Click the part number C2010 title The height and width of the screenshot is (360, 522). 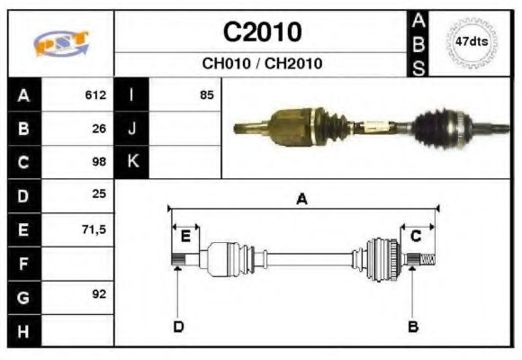[x=262, y=32]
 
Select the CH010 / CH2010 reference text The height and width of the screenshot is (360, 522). [x=262, y=64]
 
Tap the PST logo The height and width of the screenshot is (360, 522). [x=60, y=42]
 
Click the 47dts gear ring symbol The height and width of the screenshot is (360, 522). [x=472, y=42]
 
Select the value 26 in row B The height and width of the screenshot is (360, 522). [x=99, y=128]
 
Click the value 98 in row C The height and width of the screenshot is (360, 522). [x=99, y=162]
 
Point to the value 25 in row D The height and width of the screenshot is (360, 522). [x=99, y=195]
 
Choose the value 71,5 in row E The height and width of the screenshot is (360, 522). [x=94, y=229]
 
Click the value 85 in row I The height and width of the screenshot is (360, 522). [x=207, y=94]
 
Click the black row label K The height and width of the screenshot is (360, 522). [x=131, y=162]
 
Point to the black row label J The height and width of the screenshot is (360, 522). [x=131, y=128]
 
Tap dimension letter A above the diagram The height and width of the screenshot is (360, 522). [x=302, y=199]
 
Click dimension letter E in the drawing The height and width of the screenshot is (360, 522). [x=185, y=237]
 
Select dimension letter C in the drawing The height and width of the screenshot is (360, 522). [x=416, y=237]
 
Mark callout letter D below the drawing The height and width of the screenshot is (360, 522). [x=178, y=326]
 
